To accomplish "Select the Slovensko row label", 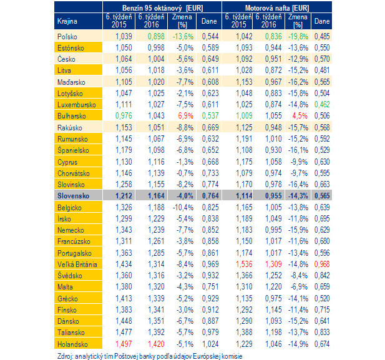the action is [73, 196].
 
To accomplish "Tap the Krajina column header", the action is [67, 21].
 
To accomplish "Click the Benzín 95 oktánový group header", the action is [162, 8].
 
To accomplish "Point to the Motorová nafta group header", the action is [277, 8].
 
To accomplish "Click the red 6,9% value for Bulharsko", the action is [185, 115].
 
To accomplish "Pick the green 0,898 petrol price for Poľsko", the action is [156, 36].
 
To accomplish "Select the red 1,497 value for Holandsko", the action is [124, 344].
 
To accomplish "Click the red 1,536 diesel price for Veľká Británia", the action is [244, 264].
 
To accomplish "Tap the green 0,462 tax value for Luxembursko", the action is [322, 104].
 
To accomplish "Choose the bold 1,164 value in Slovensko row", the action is [156, 196].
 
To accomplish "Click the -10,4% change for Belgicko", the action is [183, 207].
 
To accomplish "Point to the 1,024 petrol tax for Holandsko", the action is [210, 344].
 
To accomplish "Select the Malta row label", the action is [65, 287].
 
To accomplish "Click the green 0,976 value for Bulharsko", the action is [124, 115].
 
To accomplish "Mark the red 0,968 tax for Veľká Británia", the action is [322, 264].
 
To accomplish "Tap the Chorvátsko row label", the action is [74, 173].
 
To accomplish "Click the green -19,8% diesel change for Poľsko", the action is [298, 36].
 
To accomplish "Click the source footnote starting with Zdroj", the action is [150, 356].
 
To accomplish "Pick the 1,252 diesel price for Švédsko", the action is [273, 275].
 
